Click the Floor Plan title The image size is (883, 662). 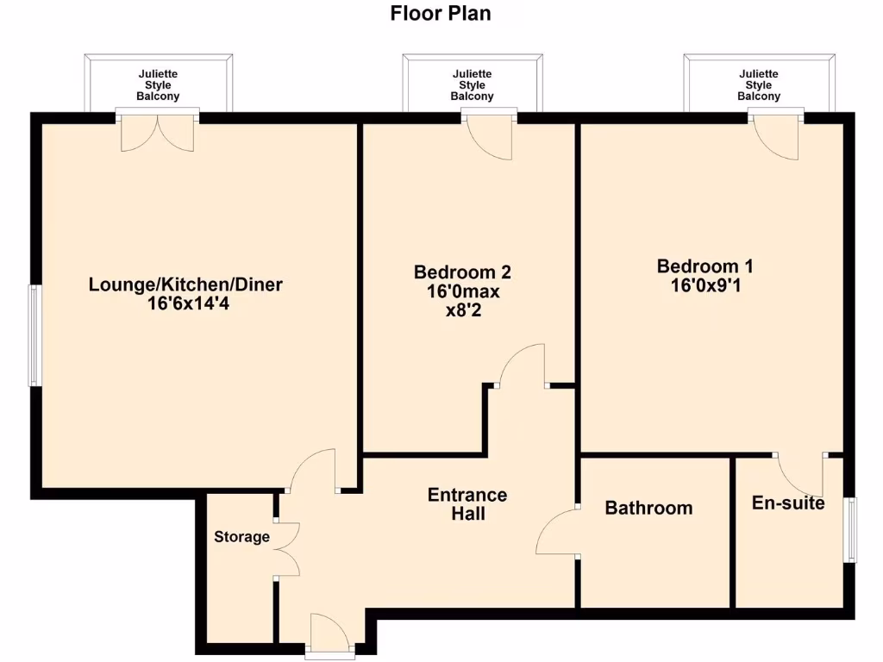point(441,13)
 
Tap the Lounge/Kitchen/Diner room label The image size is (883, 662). point(185,284)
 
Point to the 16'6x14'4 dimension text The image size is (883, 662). point(187,303)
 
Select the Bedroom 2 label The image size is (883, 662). point(462,272)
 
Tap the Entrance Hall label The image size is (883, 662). point(467,504)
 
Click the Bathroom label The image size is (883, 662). point(648,508)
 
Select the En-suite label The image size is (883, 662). point(788,503)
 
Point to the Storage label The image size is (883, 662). point(241,537)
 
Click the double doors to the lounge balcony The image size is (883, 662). point(158,133)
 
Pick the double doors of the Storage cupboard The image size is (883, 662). point(287,549)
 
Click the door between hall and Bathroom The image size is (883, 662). point(557,533)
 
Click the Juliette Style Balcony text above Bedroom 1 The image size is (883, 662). point(759,85)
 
